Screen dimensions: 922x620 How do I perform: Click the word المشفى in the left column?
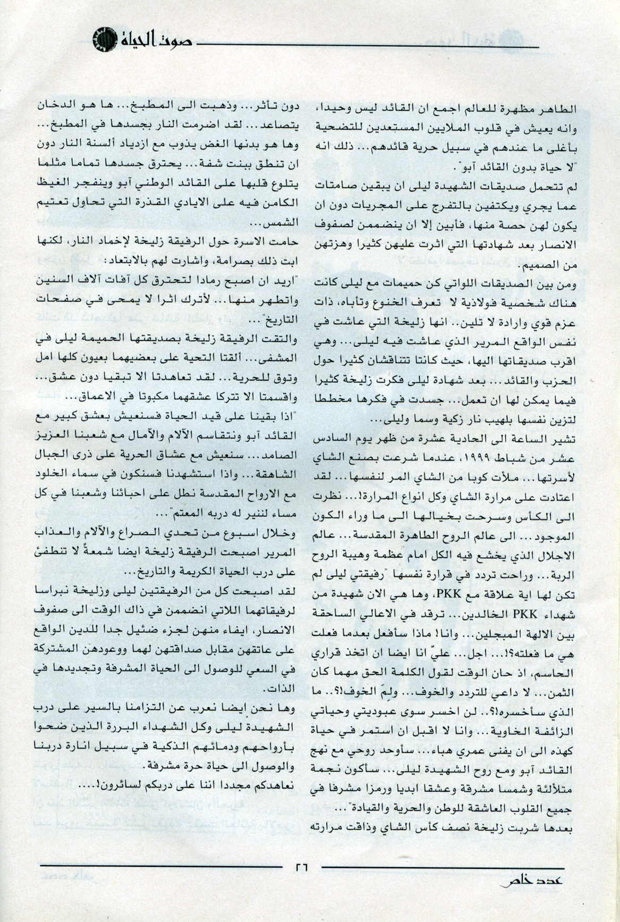pos(283,354)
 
